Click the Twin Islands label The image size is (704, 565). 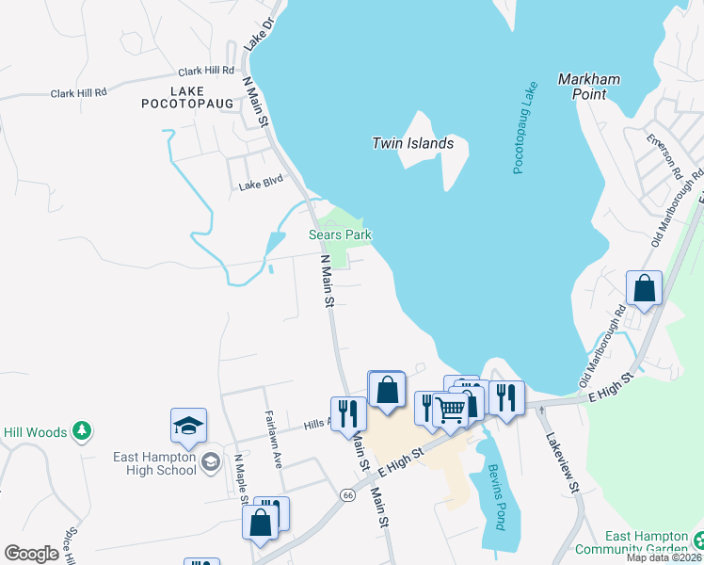412,144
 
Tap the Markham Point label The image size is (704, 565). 589,88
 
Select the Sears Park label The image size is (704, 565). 342,234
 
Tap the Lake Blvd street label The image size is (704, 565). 261,185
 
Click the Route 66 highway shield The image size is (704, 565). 347,495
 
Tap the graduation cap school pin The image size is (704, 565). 188,425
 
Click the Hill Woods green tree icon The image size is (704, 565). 83,431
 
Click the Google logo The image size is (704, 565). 31,554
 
